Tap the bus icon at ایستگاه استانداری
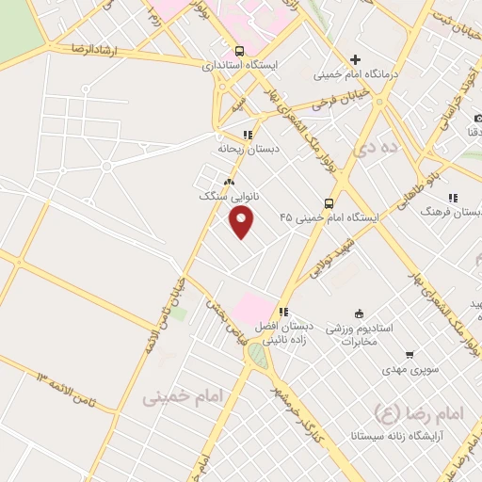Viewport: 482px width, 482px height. [240, 51]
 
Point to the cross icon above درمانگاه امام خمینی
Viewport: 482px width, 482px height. [355, 59]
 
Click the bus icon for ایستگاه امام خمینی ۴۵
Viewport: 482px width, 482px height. [329, 202]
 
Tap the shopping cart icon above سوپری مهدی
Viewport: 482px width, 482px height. [410, 355]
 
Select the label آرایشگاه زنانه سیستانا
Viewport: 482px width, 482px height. [416, 435]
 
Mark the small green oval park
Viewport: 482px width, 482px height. [257, 355]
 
